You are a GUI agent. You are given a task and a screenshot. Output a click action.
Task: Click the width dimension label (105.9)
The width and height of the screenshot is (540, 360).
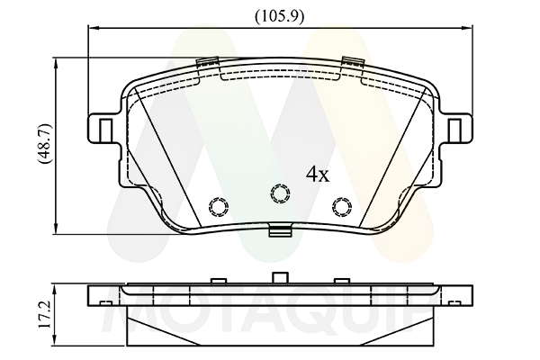(280, 16)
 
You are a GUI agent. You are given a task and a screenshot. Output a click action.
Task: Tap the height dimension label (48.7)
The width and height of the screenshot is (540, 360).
(46, 143)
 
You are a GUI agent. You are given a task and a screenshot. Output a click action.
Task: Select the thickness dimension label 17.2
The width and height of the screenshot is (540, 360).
(45, 315)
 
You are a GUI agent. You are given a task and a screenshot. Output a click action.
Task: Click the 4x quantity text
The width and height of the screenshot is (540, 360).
(318, 175)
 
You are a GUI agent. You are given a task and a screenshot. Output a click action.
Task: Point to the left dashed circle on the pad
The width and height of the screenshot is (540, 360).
(219, 207)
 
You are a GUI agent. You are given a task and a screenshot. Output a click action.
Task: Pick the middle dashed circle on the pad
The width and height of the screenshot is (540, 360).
(280, 193)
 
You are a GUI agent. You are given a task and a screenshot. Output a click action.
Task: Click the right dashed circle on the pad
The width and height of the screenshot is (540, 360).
(342, 207)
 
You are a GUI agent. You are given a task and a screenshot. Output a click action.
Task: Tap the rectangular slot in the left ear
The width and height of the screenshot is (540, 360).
(106, 130)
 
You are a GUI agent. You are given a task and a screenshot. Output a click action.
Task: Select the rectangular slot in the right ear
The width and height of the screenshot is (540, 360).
(454, 130)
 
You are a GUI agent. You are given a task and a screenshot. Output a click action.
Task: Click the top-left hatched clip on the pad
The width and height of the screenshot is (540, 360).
(207, 62)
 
